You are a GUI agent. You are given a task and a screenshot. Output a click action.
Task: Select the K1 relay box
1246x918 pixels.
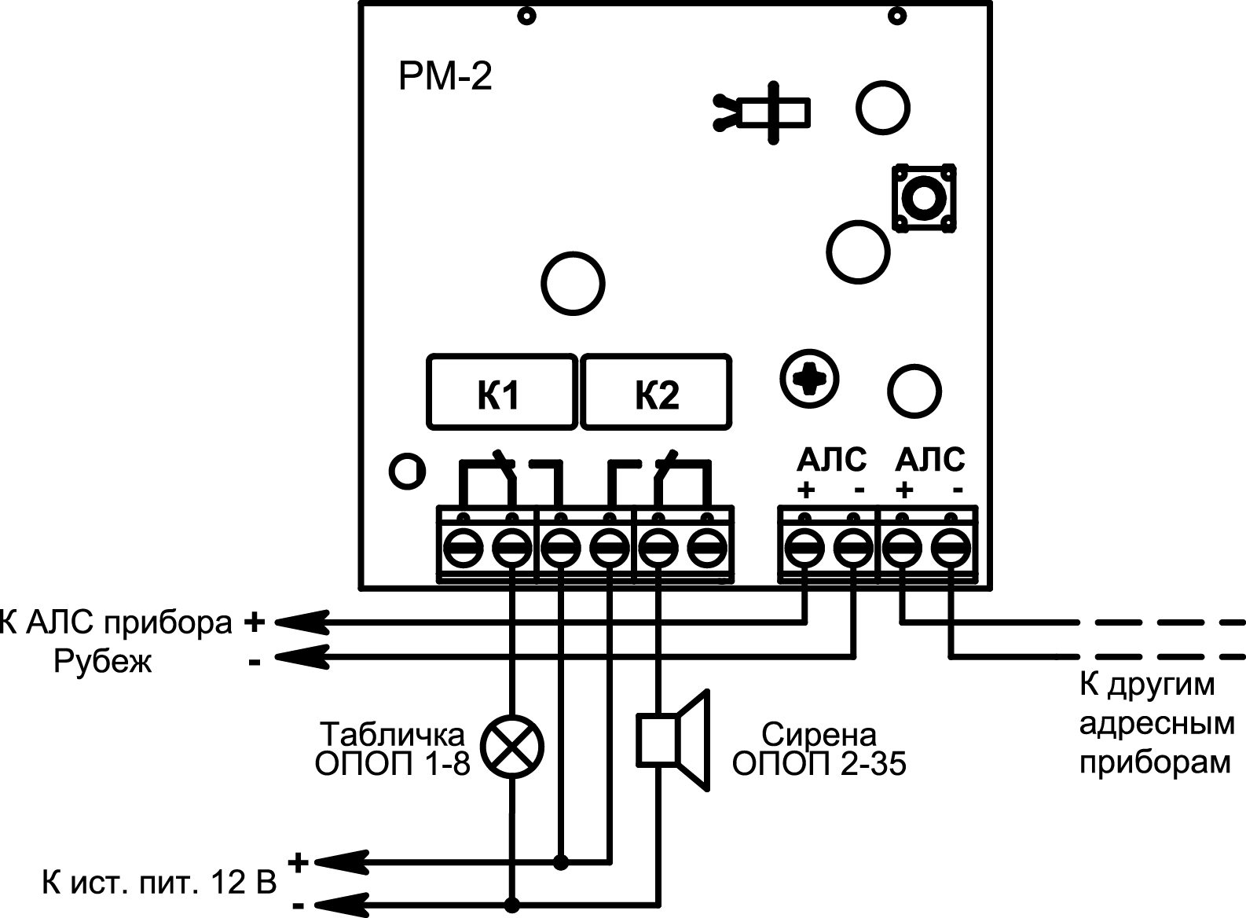pyautogui.click(x=502, y=392)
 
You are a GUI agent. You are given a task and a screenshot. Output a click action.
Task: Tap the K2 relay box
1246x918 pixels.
pyautogui.click(x=656, y=392)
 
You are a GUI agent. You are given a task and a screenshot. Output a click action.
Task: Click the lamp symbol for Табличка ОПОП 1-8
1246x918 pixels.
pyautogui.click(x=511, y=747)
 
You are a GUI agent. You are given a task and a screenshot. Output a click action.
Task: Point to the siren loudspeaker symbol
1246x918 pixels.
pyautogui.click(x=673, y=740)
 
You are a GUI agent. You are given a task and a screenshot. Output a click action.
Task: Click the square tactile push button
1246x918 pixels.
pyautogui.click(x=924, y=197)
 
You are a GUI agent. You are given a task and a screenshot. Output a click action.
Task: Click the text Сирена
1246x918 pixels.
pyautogui.click(x=819, y=735)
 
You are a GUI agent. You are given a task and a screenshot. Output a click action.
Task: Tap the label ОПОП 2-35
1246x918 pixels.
pyautogui.click(x=819, y=765)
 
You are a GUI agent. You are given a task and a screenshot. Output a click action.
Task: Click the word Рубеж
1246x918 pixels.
pyautogui.click(x=102, y=662)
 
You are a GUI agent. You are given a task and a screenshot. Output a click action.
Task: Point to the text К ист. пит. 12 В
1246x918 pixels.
pyautogui.click(x=159, y=883)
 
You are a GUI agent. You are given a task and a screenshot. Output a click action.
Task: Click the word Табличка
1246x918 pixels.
pyautogui.click(x=392, y=734)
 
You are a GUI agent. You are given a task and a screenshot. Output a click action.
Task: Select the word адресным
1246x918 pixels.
pyautogui.click(x=1157, y=725)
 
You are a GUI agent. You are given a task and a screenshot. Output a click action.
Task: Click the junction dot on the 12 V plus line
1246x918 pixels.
pyautogui.click(x=561, y=862)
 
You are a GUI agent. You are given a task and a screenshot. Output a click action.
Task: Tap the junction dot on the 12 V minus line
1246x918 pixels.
pyautogui.click(x=512, y=902)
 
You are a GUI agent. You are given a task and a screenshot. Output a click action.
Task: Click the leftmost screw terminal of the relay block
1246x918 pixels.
pyautogui.click(x=463, y=549)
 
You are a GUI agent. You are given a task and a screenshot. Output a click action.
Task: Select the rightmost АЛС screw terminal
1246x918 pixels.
pyautogui.click(x=951, y=549)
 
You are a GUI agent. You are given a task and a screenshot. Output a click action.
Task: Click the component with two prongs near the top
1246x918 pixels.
pyautogui.click(x=761, y=113)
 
